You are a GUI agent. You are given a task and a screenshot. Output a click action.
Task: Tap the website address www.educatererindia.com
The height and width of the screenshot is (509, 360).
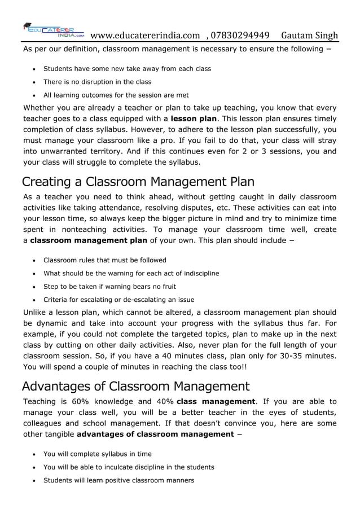(x=145, y=36)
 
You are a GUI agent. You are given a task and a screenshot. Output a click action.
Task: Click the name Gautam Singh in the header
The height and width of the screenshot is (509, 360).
(x=309, y=36)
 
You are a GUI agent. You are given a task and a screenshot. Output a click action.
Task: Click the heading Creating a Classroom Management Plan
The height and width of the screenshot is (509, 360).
(x=138, y=182)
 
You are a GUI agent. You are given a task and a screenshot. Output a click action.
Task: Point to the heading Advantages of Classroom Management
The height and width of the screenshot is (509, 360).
(x=135, y=387)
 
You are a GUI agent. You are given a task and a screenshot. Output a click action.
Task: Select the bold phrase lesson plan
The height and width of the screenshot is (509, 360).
(x=194, y=119)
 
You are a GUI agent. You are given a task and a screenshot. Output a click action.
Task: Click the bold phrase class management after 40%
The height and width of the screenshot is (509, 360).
(x=216, y=402)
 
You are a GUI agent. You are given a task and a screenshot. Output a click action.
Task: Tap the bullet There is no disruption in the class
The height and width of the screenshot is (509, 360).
(x=98, y=82)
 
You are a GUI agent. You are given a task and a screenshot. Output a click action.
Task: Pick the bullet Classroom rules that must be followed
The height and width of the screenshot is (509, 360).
(x=105, y=260)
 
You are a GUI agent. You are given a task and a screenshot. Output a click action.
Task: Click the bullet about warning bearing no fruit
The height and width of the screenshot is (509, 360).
(x=110, y=286)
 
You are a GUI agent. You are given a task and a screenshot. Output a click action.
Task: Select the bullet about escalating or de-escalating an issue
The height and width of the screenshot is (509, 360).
(x=119, y=299)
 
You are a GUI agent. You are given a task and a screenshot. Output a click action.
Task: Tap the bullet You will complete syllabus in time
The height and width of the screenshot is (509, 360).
(x=98, y=454)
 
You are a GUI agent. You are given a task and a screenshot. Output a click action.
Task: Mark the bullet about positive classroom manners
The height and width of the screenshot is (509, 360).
(x=118, y=480)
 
